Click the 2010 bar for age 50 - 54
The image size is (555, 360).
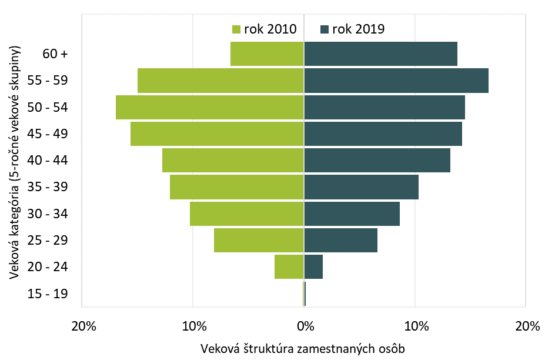[x=210, y=107]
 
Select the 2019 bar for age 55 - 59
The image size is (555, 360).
[x=396, y=81]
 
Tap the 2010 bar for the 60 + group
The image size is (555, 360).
[x=267, y=54]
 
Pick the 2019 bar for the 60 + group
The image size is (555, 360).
[x=380, y=54]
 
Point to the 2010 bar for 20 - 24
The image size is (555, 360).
[x=289, y=267]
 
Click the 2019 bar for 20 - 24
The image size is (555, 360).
[x=313, y=267]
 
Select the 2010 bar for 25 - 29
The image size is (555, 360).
[x=259, y=240]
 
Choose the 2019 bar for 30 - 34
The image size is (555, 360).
[x=352, y=214]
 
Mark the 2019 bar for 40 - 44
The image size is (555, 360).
[x=377, y=160]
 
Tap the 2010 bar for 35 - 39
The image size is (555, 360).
[x=237, y=187]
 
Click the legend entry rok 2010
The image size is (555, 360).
[x=265, y=29]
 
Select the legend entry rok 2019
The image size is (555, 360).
[x=353, y=29]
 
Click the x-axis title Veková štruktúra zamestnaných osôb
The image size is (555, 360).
[x=303, y=348]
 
